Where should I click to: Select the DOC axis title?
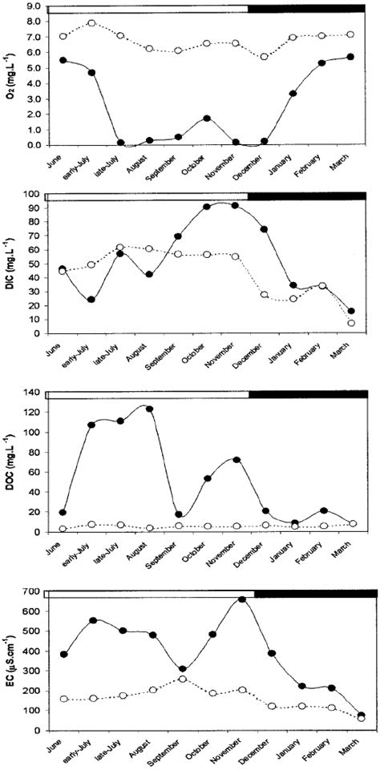(12, 459)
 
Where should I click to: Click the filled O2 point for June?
(63, 60)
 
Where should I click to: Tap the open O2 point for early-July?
(91, 23)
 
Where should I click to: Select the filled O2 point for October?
(207, 119)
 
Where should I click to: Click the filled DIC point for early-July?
(91, 300)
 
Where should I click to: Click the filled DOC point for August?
(148, 409)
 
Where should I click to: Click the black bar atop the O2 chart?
(312, 8)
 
